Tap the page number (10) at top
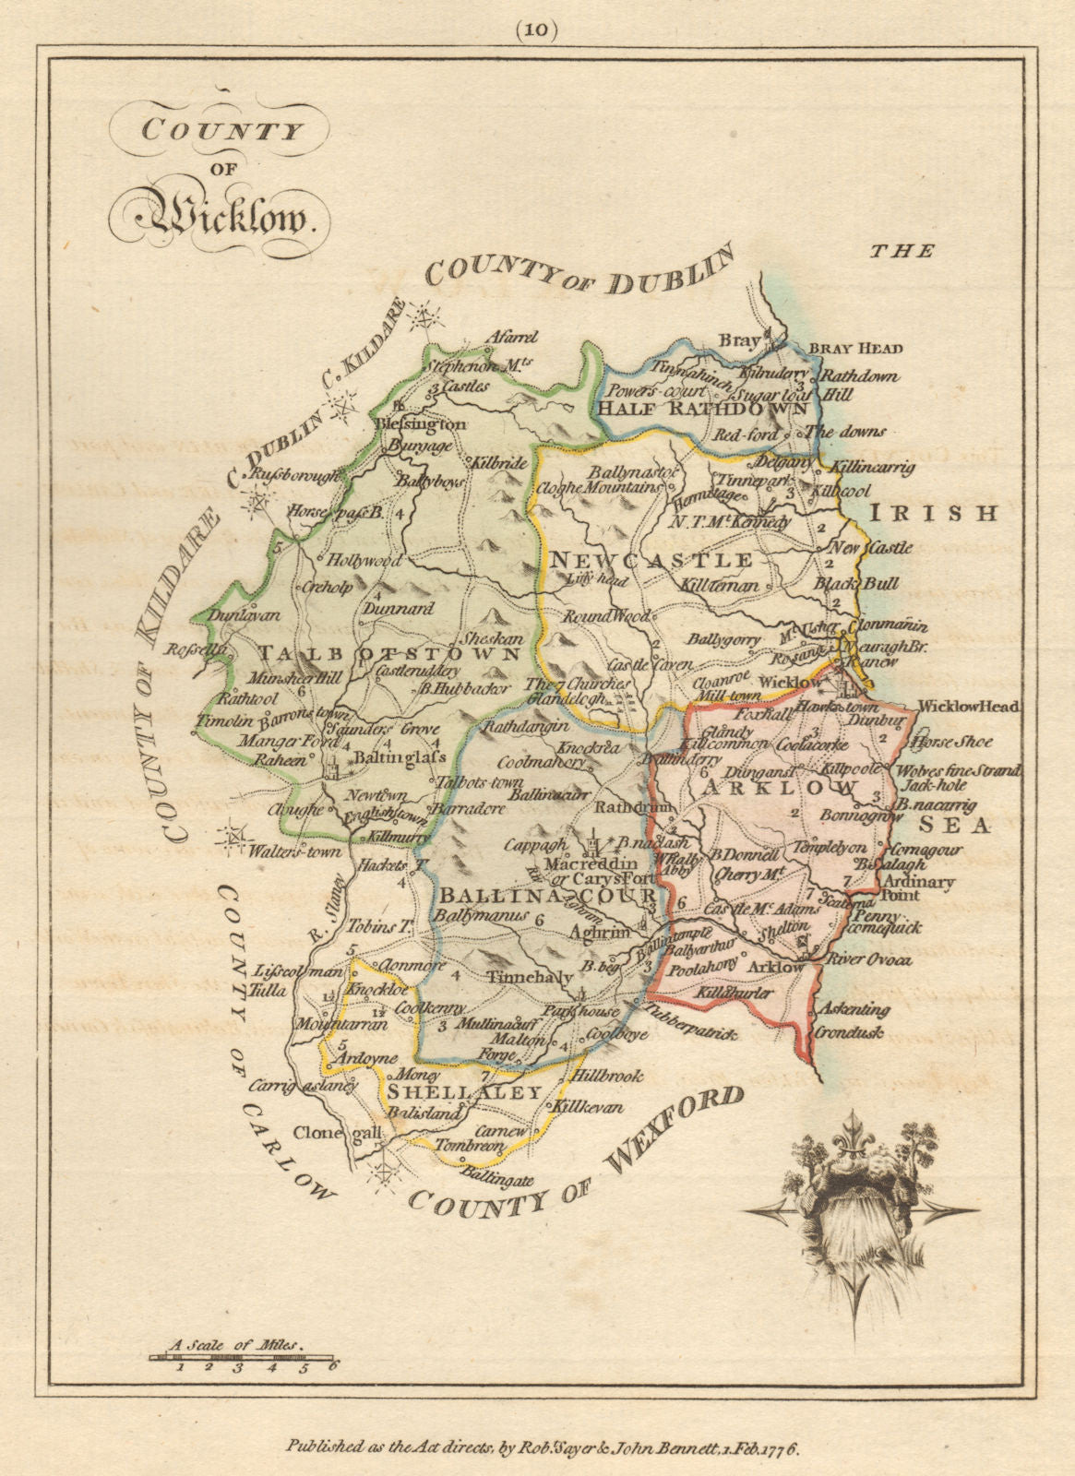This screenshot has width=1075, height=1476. (537, 30)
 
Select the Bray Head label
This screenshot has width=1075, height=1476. (855, 349)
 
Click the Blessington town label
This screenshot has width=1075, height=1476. (422, 424)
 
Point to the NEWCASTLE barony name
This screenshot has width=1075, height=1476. (651, 559)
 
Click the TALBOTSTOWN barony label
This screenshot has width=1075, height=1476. (388, 652)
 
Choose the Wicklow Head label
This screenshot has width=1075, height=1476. (969, 707)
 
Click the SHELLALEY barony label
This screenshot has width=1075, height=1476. (463, 1092)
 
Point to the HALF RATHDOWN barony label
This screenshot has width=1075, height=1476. (703, 408)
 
